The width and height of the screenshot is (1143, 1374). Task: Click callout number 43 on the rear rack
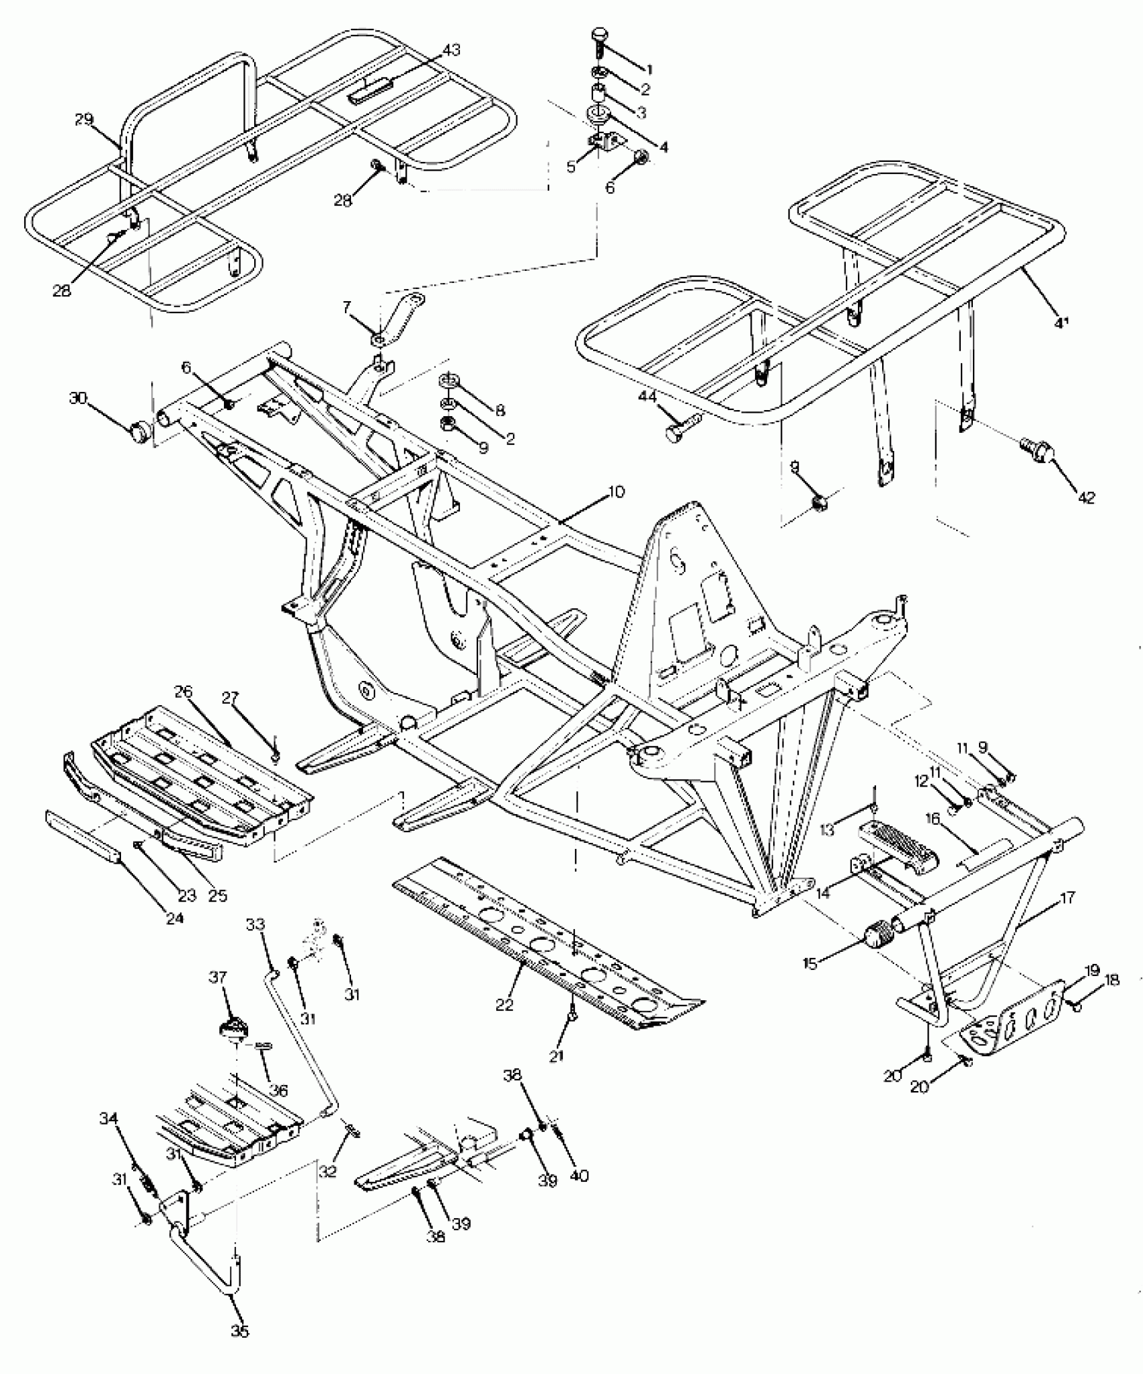pyautogui.click(x=452, y=50)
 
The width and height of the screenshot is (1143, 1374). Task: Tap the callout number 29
pyautogui.click(x=84, y=120)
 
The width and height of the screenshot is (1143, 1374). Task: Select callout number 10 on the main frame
pyautogui.click(x=616, y=491)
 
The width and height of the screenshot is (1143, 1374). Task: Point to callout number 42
pyautogui.click(x=1087, y=497)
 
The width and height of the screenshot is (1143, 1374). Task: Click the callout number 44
pyautogui.click(x=647, y=398)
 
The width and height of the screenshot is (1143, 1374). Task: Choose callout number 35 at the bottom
pyautogui.click(x=240, y=1331)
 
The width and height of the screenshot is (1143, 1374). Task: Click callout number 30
pyautogui.click(x=79, y=398)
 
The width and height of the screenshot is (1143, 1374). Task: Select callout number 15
pyautogui.click(x=810, y=964)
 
